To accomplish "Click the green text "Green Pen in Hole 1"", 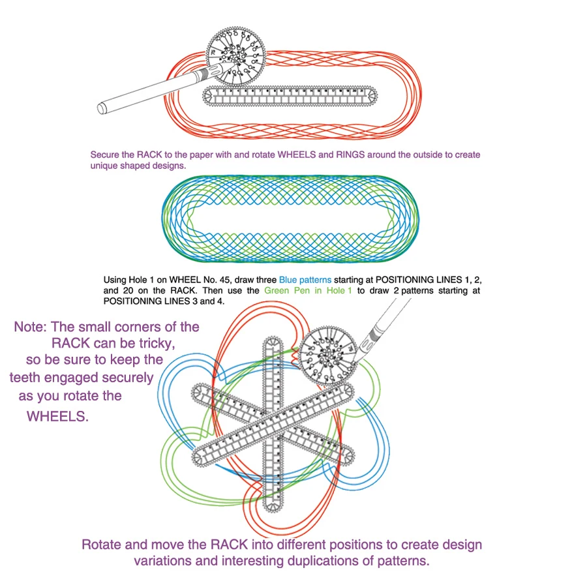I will point(307,290).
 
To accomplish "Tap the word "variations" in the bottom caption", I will point(166,561).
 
